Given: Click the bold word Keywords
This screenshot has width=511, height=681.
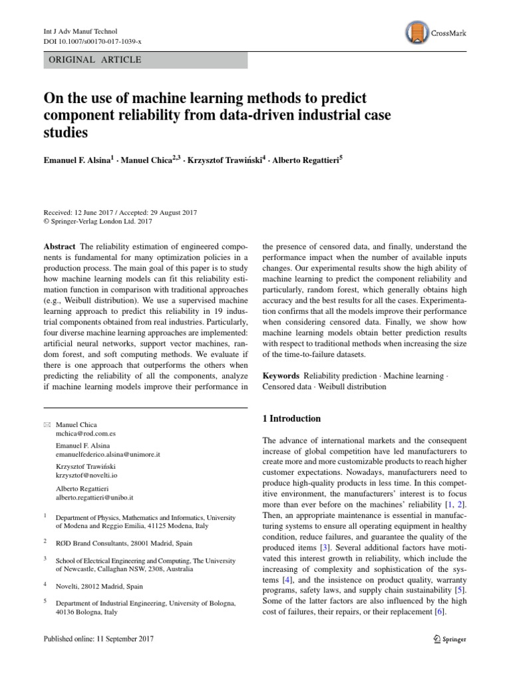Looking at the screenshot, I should tap(281, 376).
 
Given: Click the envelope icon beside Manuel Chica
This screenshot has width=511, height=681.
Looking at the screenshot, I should tap(47, 424).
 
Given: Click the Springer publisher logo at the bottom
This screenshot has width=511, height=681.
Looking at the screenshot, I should tap(450, 639).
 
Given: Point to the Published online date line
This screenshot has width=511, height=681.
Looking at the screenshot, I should tap(98, 639).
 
